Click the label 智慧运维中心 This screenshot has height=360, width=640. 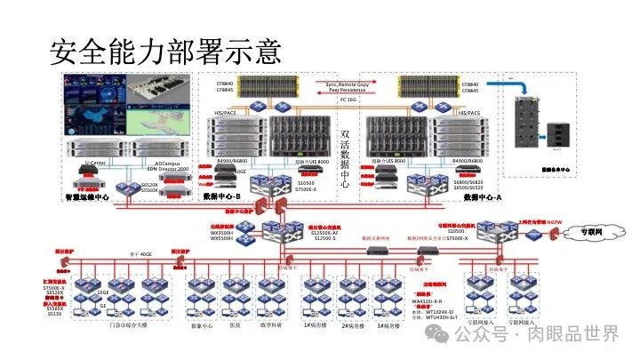coord(87,196)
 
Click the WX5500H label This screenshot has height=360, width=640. coord(220,237)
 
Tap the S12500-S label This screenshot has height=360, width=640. coord(323,237)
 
